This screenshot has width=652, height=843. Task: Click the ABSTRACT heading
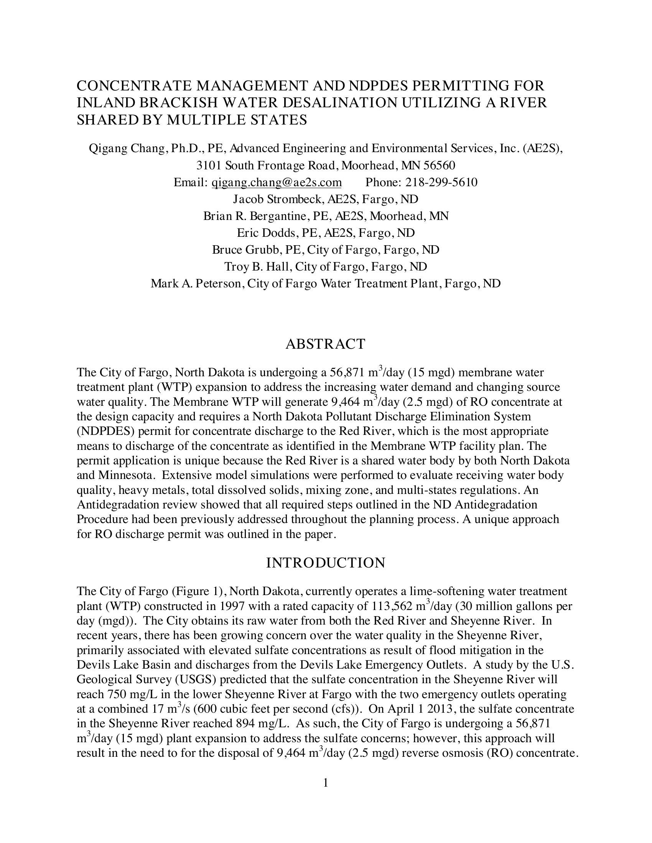(x=325, y=344)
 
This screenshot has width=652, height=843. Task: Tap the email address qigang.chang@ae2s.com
(x=277, y=182)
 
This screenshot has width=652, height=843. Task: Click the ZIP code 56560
(x=439, y=166)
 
